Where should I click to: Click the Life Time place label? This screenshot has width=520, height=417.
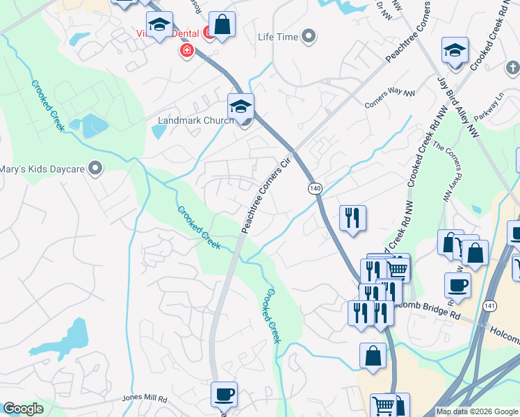pyautogui.click(x=277, y=36)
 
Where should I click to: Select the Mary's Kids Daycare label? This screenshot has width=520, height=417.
pyautogui.click(x=42, y=168)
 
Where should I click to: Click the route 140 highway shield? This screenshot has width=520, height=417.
pyautogui.click(x=315, y=188)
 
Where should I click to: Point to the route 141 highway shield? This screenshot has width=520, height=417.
pyautogui.click(x=491, y=306)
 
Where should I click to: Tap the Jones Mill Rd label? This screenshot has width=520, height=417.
pyautogui.click(x=145, y=399)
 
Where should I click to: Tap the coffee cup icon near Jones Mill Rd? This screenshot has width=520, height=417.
pyautogui.click(x=224, y=394)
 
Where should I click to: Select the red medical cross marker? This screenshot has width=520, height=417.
pyautogui.click(x=186, y=51)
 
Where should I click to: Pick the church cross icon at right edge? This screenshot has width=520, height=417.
pyautogui.click(x=513, y=68)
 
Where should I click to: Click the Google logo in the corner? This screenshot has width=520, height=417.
pyautogui.click(x=24, y=409)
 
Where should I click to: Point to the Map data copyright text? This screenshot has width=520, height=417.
pyautogui.click(x=478, y=411)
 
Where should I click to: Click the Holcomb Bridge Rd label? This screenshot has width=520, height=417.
pyautogui.click(x=432, y=306)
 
